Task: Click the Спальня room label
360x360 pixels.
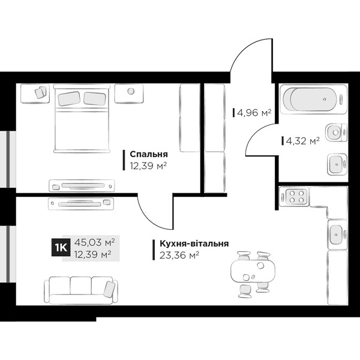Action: pyautogui.click(x=149, y=154)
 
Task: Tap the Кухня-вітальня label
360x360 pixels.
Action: pyautogui.click(x=194, y=244)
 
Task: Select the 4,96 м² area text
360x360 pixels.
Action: pyautogui.click(x=254, y=113)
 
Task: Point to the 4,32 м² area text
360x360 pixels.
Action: pyautogui.click(x=303, y=141)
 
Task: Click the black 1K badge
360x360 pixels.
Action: pyautogui.click(x=61, y=247)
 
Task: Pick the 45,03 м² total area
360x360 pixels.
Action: pyautogui.click(x=94, y=242)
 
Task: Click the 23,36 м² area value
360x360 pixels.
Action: pyautogui.click(x=179, y=256)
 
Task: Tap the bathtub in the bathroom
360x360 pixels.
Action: pyautogui.click(x=313, y=99)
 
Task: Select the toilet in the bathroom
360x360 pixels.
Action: pyautogui.click(x=336, y=133)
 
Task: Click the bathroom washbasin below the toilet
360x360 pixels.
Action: pyautogui.click(x=337, y=164)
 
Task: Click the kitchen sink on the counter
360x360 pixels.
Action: pyautogui.click(x=337, y=235)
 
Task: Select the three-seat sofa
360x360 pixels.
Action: pyautogui.click(x=81, y=290)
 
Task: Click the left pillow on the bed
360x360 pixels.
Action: pyautogui.click(x=69, y=99)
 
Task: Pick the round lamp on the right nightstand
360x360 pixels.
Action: pyautogui.click(x=131, y=91)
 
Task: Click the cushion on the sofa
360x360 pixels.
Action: pyautogui.click(x=109, y=289)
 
